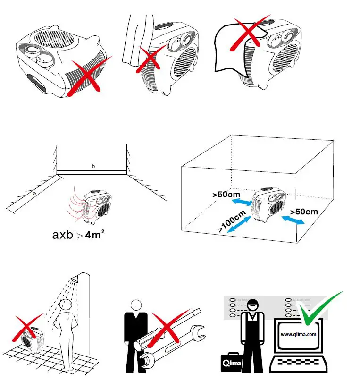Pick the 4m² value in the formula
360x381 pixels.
point(94,233)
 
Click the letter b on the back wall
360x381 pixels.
point(93,167)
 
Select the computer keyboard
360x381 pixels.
point(297,364)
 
